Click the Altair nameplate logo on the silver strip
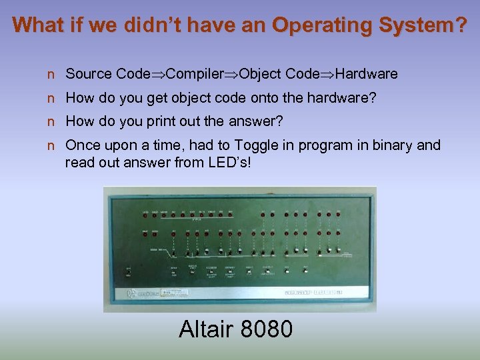pyautogui.click(x=313, y=292)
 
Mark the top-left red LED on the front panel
pyautogui.click(x=145, y=215)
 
